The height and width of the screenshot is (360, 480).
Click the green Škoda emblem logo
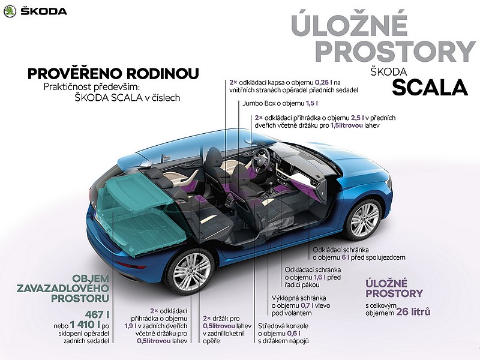[x=10, y=11]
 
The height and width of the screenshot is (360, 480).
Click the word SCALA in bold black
[x=430, y=88]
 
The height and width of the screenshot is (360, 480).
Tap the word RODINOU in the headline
[x=163, y=73]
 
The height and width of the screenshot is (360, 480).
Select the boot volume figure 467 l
[x=97, y=314]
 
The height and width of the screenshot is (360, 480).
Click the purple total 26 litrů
[x=413, y=311]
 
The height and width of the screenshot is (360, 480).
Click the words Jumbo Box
[x=257, y=103]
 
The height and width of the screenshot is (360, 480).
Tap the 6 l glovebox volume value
[x=346, y=257]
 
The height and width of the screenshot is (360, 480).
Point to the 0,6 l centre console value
[x=294, y=334]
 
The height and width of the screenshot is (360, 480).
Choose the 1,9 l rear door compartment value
[x=130, y=326]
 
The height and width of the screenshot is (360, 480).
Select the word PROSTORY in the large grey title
[x=395, y=51]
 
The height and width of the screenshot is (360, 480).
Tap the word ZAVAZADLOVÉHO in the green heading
[x=63, y=288]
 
